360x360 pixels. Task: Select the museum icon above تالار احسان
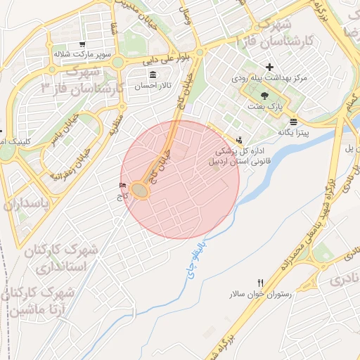pos(153,74)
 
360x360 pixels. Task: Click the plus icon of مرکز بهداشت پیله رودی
pos(269,67)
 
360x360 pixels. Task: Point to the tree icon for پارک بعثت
pos(264,94)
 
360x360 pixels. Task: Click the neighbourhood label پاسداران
pos(28,205)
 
